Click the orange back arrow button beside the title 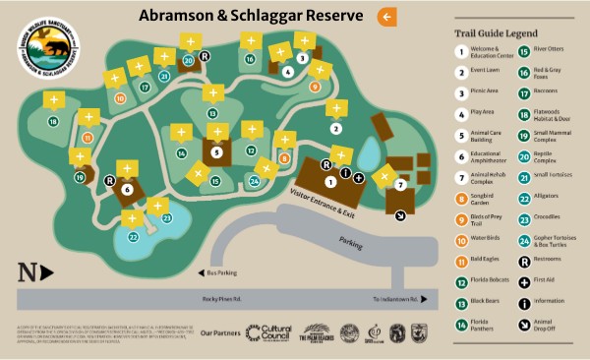click(x=387, y=17)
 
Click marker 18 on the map click(x=53, y=121)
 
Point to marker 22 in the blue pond click(x=134, y=236)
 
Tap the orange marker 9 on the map click(x=315, y=87)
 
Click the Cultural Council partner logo click(x=267, y=332)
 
